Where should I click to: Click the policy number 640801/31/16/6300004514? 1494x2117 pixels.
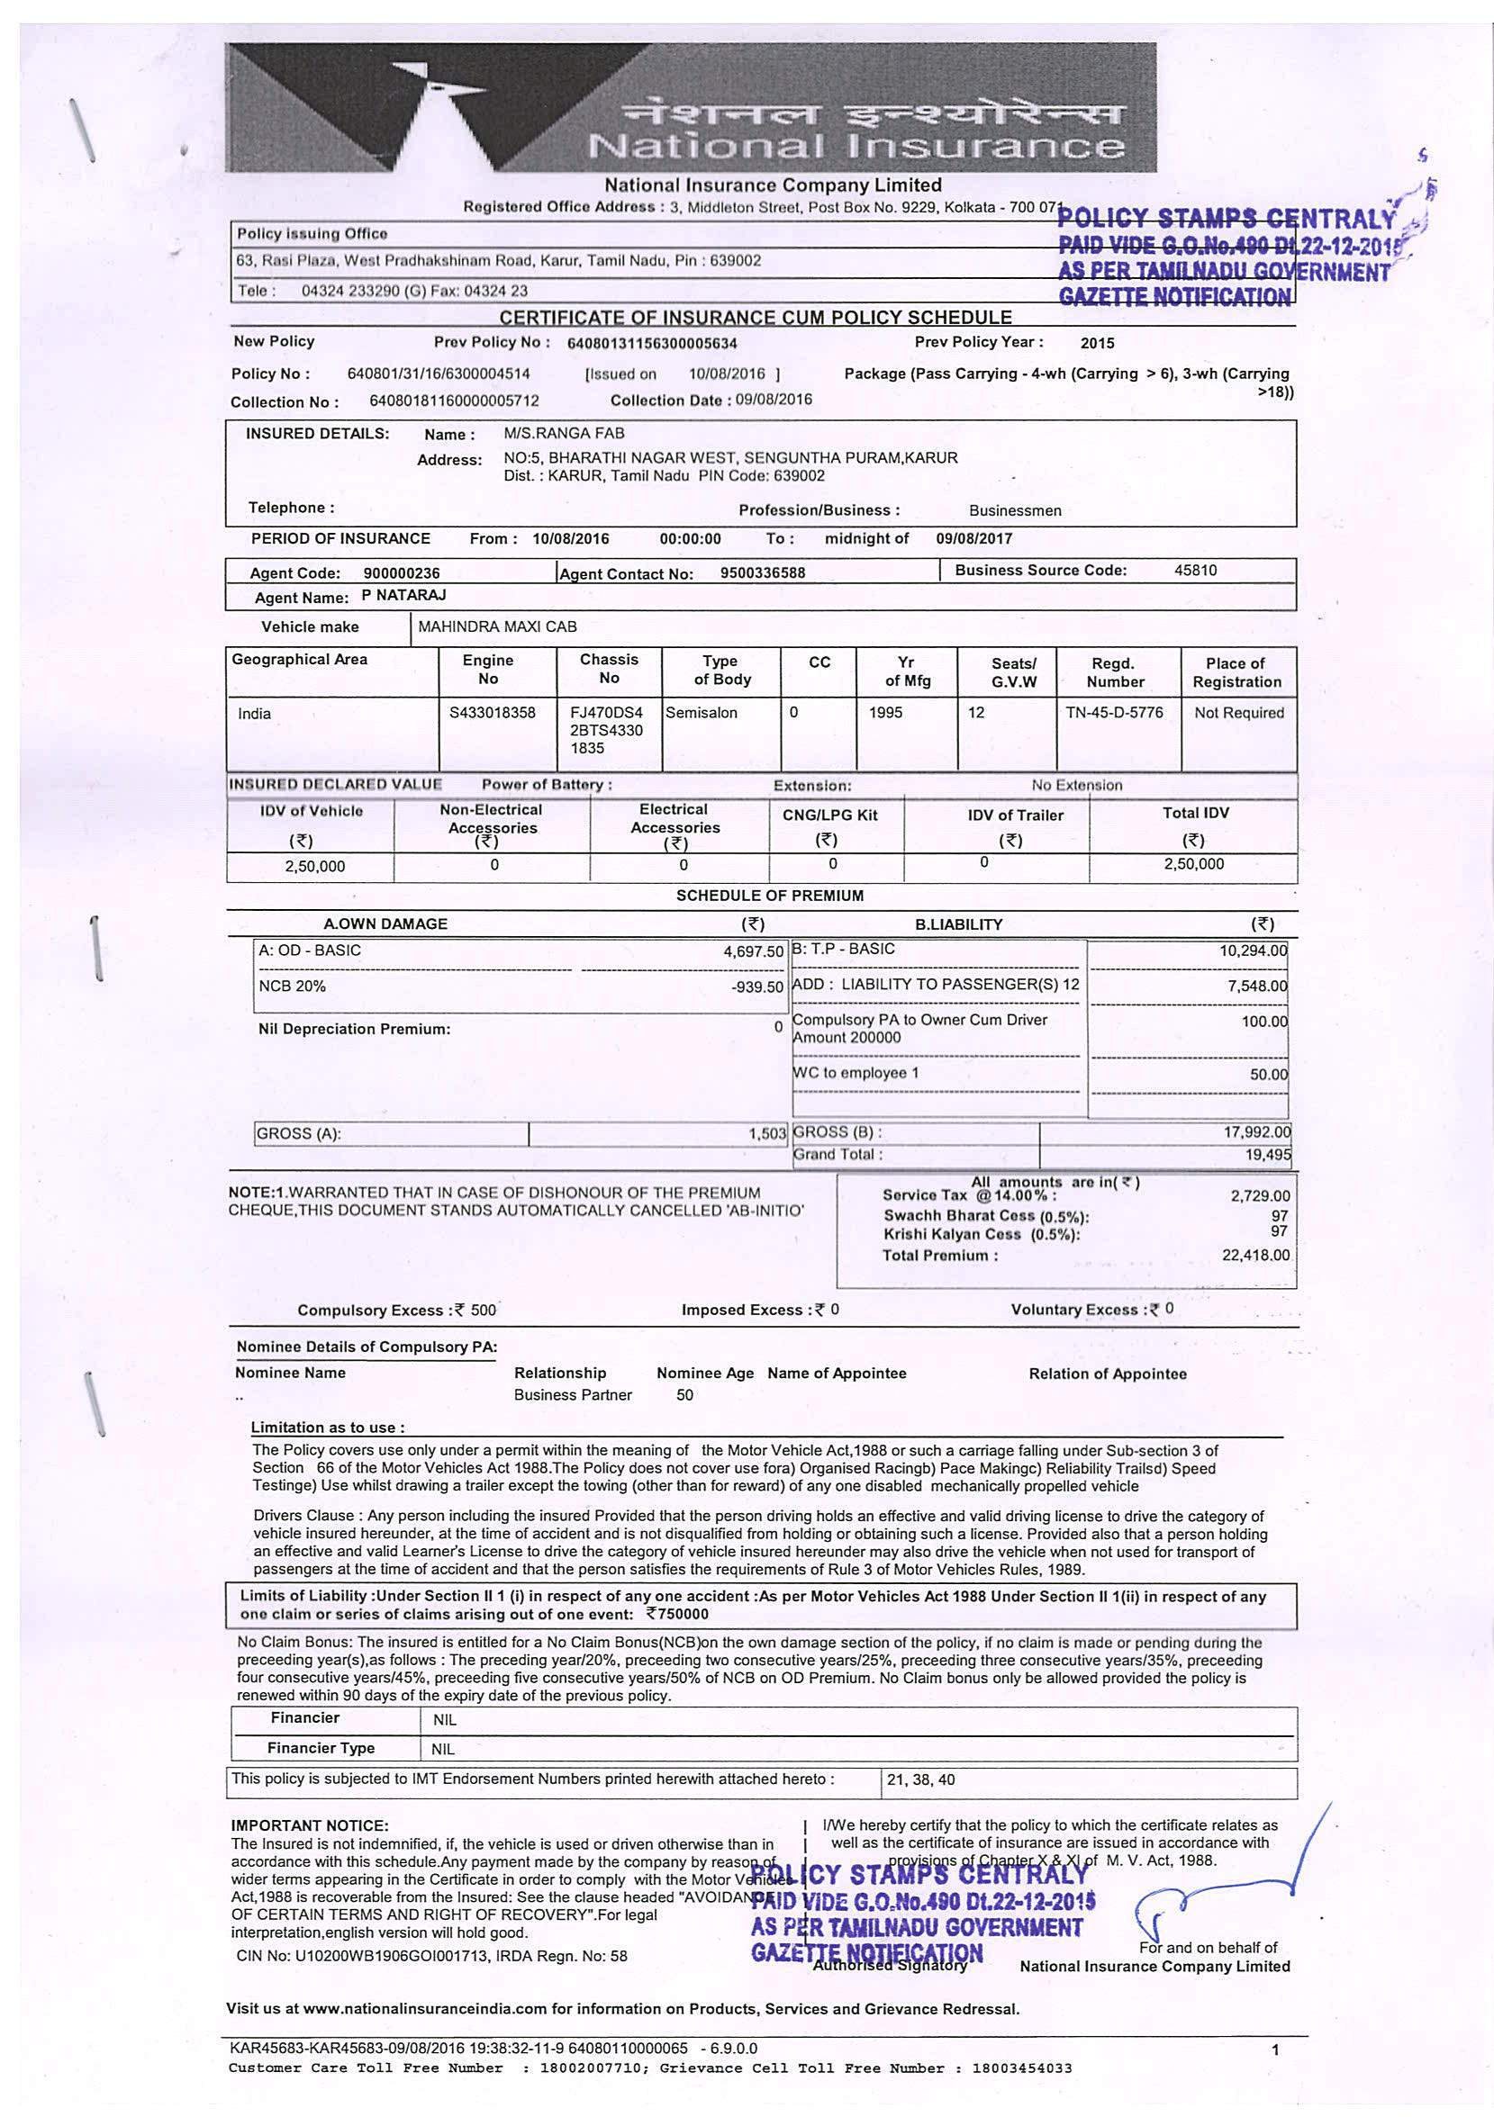click(438, 374)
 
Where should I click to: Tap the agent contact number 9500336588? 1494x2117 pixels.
click(763, 572)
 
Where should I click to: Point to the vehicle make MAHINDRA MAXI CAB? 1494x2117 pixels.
click(497, 627)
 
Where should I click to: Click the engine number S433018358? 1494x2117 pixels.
click(492, 713)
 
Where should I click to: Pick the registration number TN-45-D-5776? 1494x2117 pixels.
click(1114, 713)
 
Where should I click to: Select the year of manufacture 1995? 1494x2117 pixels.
click(885, 713)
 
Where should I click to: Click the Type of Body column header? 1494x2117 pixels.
click(721, 671)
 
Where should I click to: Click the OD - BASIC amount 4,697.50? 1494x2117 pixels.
click(754, 951)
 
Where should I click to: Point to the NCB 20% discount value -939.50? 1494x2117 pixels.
click(756, 987)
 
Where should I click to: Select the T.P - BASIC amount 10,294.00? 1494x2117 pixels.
click(1253, 950)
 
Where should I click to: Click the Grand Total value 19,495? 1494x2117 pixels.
click(1268, 1156)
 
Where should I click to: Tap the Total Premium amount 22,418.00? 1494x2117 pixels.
click(1255, 1255)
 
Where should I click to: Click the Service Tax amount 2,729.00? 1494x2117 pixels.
click(1260, 1196)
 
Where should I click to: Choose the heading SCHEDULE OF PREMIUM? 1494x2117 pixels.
click(770, 896)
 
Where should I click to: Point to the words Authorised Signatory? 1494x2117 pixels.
click(890, 1965)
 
